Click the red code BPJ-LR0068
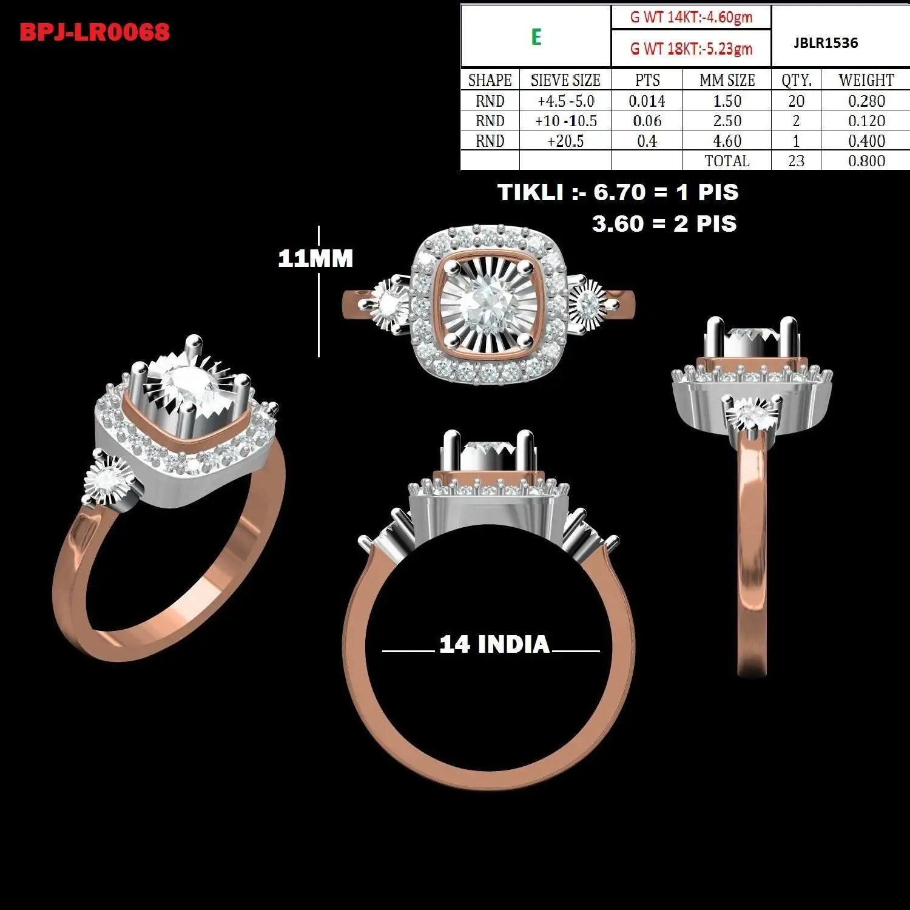(x=95, y=32)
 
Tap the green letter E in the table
(x=536, y=37)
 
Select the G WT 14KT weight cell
(x=691, y=17)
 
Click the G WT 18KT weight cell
(x=691, y=49)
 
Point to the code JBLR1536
(x=826, y=43)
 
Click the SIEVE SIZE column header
(x=565, y=80)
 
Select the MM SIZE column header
(x=727, y=80)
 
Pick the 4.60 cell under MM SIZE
(x=727, y=141)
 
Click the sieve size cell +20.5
(x=565, y=141)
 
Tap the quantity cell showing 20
(x=796, y=101)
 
